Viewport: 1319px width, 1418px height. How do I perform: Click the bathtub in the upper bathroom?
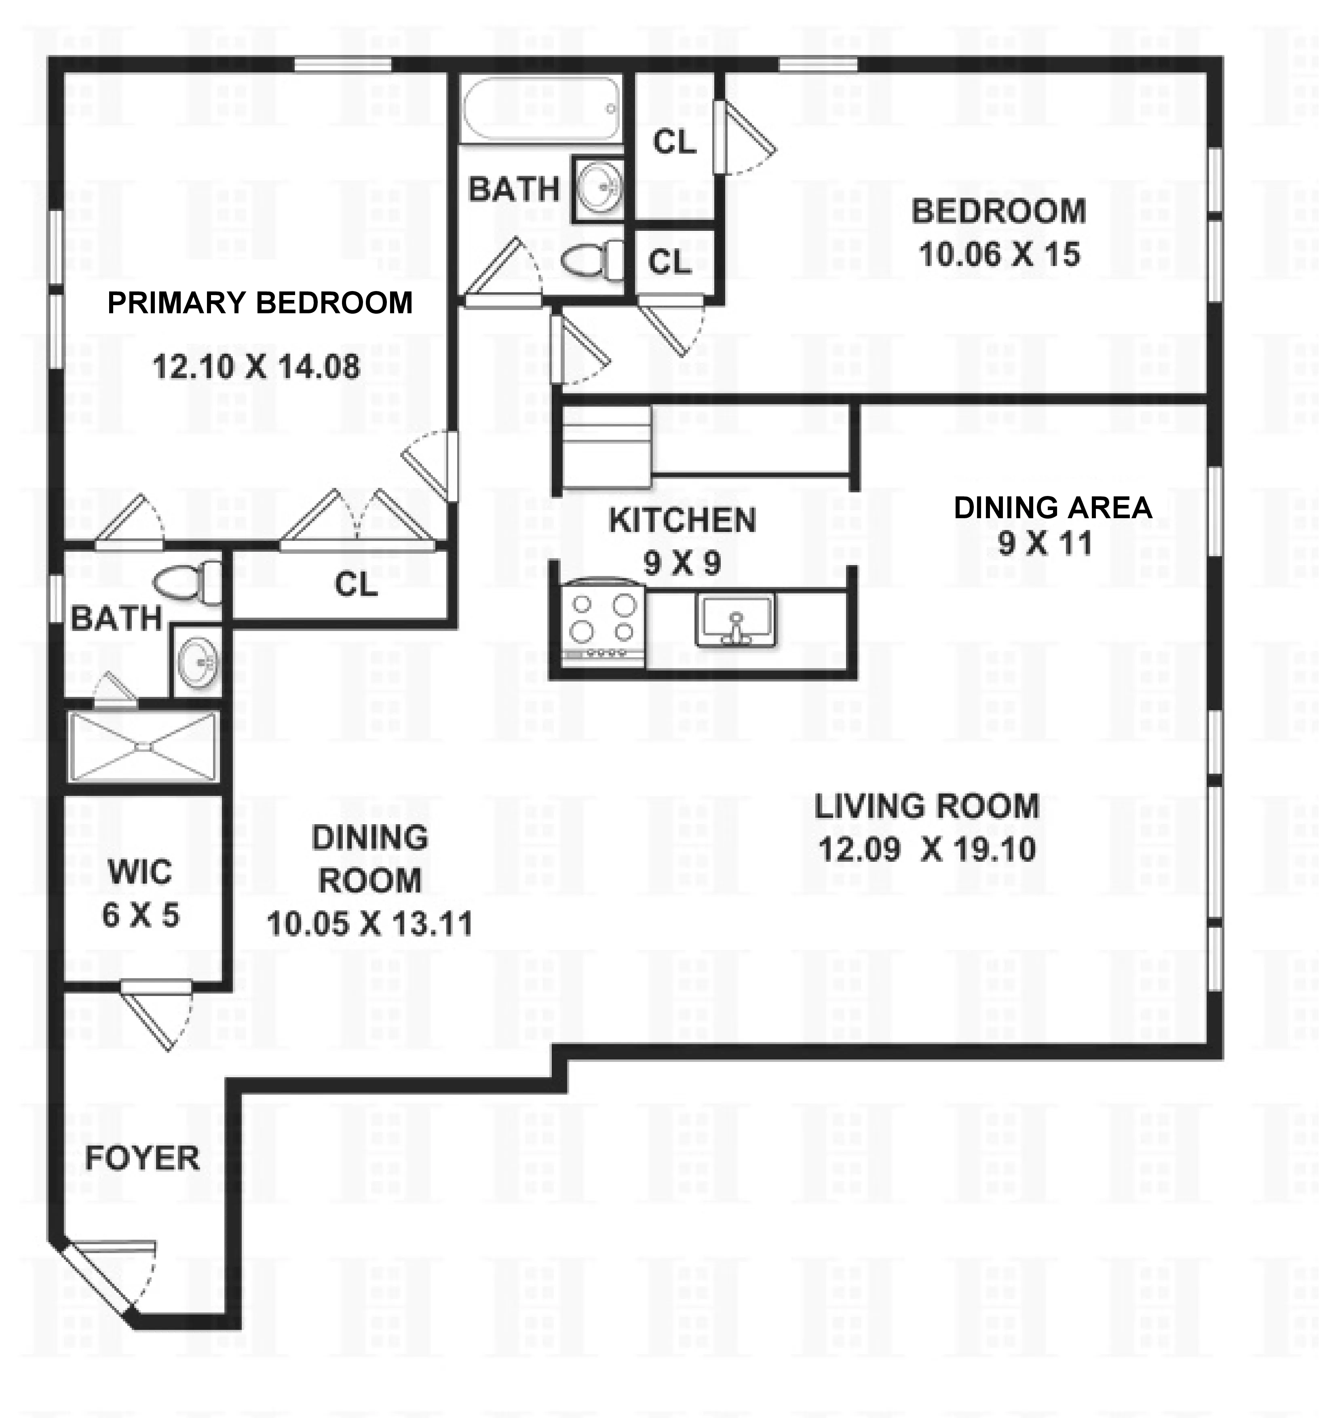[x=540, y=108]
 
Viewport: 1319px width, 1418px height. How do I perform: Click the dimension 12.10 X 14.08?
[x=256, y=367]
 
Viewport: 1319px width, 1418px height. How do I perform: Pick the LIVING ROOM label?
[x=926, y=807]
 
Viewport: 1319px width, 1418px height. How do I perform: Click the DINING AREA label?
[x=1052, y=508]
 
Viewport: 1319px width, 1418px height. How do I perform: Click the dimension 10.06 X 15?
[x=999, y=255]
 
